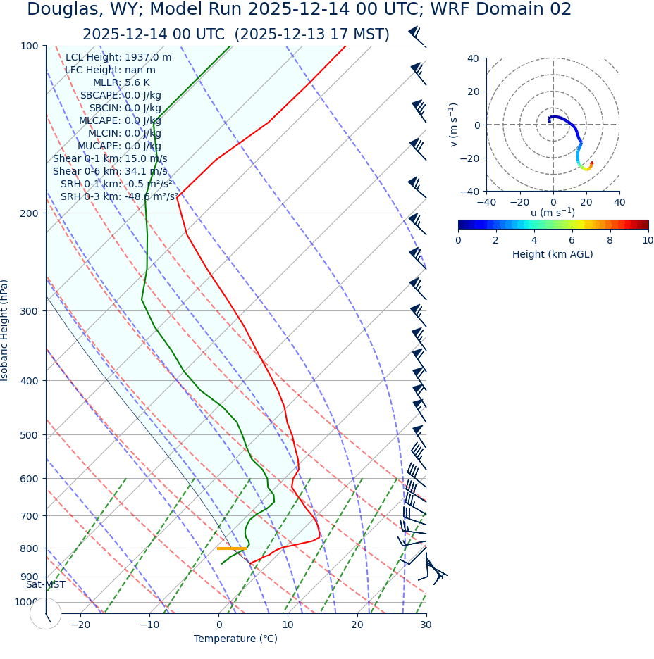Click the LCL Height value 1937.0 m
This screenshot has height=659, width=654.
tap(148, 58)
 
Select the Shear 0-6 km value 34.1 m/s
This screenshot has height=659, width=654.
tap(146, 172)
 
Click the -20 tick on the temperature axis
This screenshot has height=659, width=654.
tap(80, 625)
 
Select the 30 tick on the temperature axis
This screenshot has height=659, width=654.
tap(426, 625)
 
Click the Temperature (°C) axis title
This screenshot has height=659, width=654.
tap(235, 639)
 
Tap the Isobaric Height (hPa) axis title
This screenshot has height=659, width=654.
tap(5, 330)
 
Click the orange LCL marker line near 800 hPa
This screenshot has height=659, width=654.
tap(230, 548)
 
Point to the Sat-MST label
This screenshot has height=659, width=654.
tap(46, 585)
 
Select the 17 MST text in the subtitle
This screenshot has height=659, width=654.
tap(358, 35)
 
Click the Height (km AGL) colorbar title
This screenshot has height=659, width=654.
tap(553, 254)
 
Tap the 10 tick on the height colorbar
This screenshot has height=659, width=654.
tap(648, 241)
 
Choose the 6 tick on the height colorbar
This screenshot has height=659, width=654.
tap(572, 241)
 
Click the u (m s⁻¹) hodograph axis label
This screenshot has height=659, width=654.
tap(553, 213)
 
